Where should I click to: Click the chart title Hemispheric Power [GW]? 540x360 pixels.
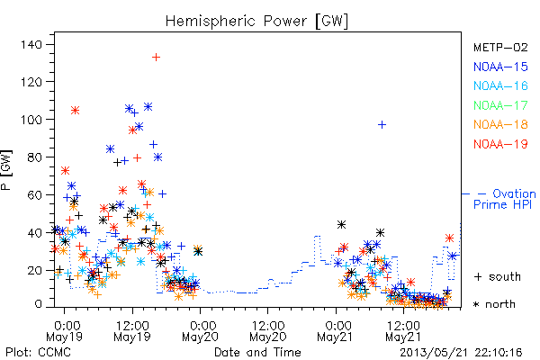[256, 21]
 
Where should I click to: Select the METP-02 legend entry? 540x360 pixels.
[500, 47]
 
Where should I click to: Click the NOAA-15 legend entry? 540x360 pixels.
[500, 67]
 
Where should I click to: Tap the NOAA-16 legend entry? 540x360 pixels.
[500, 85]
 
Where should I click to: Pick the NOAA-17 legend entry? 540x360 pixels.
[500, 105]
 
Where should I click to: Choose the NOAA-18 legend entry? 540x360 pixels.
[500, 124]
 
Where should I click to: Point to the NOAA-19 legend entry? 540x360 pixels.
[500, 144]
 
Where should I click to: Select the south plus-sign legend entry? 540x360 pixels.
[498, 276]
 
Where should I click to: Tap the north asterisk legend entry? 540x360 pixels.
[494, 304]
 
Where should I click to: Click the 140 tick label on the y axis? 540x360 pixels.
[31, 44]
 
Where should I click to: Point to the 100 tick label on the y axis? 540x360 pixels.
[31, 120]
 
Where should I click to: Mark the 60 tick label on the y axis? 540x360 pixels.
[34, 195]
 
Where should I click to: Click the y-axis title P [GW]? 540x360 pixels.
[6, 170]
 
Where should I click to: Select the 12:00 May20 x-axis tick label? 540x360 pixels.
[268, 330]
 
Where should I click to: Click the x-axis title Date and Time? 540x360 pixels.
[257, 352]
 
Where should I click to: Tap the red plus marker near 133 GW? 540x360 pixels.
[156, 58]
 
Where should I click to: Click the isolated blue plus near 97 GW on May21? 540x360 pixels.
[382, 125]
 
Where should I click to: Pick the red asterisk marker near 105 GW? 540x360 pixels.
[75, 111]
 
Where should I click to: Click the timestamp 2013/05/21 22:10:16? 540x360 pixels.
[461, 353]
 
